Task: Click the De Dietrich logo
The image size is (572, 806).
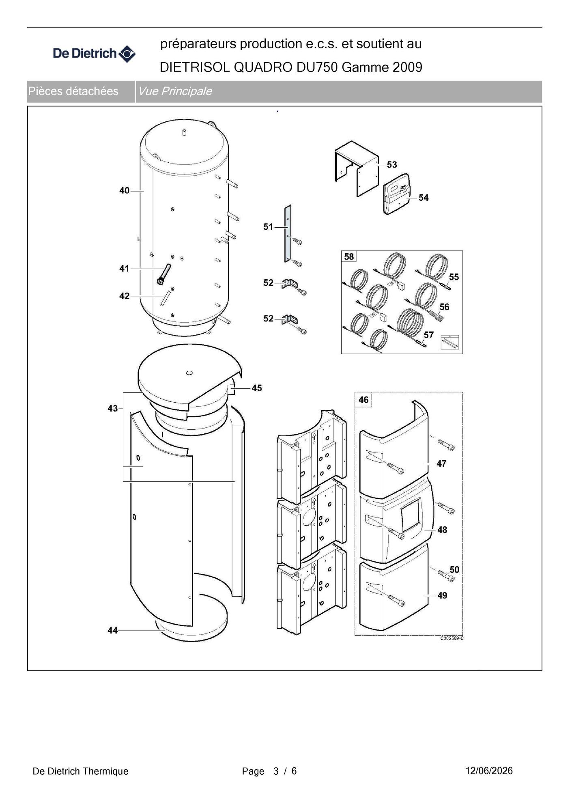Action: (x=94, y=54)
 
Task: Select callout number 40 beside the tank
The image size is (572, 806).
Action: (x=124, y=190)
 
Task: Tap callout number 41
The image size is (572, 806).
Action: (x=124, y=268)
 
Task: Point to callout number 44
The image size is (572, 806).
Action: (x=112, y=630)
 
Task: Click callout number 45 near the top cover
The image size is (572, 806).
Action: (x=257, y=388)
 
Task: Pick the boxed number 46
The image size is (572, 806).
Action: (x=363, y=400)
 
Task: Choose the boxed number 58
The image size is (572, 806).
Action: (x=349, y=256)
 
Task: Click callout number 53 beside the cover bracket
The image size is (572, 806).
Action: (x=392, y=164)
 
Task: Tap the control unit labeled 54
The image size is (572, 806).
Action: (x=397, y=194)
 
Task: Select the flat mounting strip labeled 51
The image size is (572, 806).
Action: (x=288, y=233)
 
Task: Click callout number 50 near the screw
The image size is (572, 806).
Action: (x=454, y=569)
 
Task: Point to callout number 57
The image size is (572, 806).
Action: (x=429, y=335)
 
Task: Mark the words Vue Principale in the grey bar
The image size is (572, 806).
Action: (x=175, y=91)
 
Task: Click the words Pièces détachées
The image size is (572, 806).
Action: (x=73, y=91)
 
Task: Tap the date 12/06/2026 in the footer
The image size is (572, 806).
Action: (x=489, y=771)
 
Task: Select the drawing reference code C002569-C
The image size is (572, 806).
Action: (x=452, y=638)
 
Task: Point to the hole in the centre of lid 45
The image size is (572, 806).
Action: (x=189, y=373)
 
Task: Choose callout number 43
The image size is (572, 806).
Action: (x=112, y=408)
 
